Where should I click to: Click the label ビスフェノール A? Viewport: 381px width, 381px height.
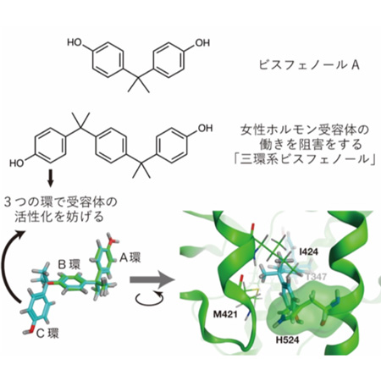click(x=309, y=65)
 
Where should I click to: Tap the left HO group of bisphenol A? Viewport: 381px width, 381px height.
click(x=75, y=42)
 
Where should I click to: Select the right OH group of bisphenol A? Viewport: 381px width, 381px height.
click(x=202, y=42)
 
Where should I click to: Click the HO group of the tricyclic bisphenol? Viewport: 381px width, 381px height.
click(x=17, y=163)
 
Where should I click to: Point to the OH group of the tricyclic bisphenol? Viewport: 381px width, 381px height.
click(x=205, y=128)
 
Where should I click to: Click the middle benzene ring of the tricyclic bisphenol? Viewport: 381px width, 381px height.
click(x=110, y=145)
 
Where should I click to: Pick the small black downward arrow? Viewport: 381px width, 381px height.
click(x=50, y=178)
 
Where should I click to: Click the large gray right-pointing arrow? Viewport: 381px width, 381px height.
click(x=152, y=279)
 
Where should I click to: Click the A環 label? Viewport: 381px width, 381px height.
click(x=130, y=257)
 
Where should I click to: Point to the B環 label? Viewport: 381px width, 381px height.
click(x=69, y=264)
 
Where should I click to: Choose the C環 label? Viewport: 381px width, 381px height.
click(x=47, y=334)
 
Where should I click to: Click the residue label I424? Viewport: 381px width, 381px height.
click(x=309, y=252)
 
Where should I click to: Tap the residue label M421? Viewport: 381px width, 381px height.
click(x=225, y=314)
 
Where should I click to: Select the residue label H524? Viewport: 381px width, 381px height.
click(x=287, y=340)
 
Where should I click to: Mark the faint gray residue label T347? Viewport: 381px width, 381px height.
click(x=316, y=277)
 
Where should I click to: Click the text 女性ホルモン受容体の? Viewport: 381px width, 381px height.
click(x=305, y=130)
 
